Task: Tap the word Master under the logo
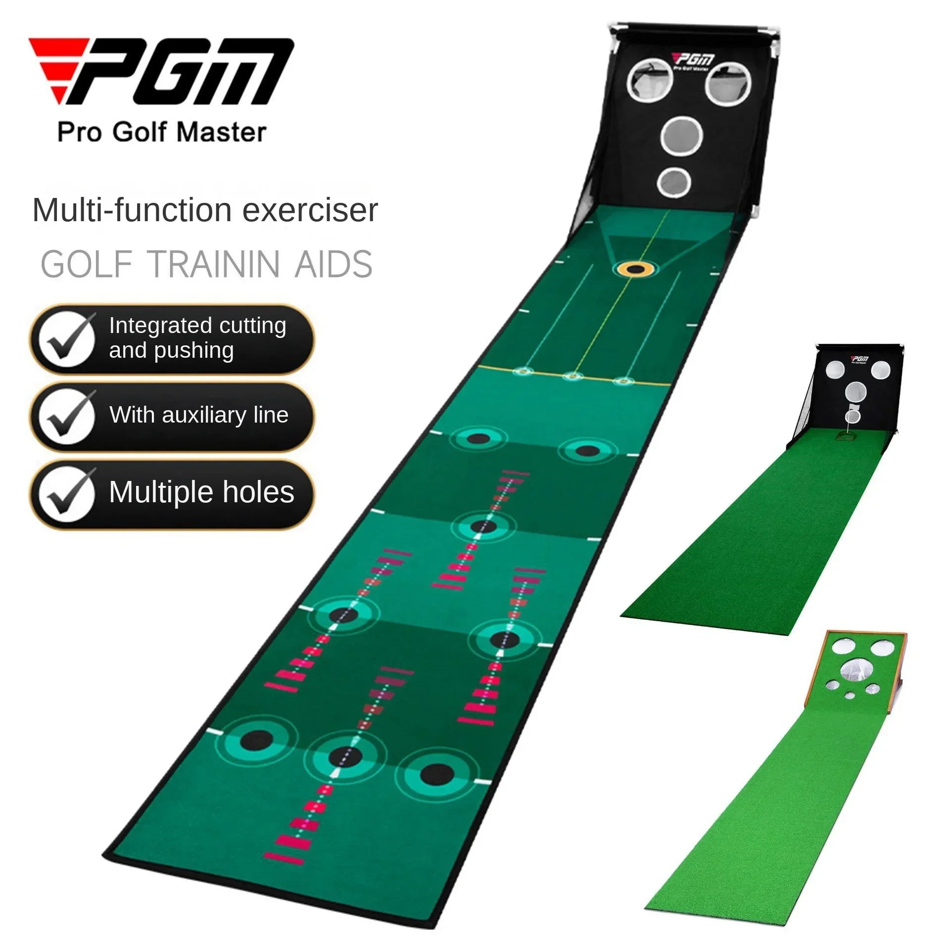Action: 221,133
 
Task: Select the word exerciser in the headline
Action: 310,210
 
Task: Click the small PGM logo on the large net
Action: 695,61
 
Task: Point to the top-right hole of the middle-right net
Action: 880,370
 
